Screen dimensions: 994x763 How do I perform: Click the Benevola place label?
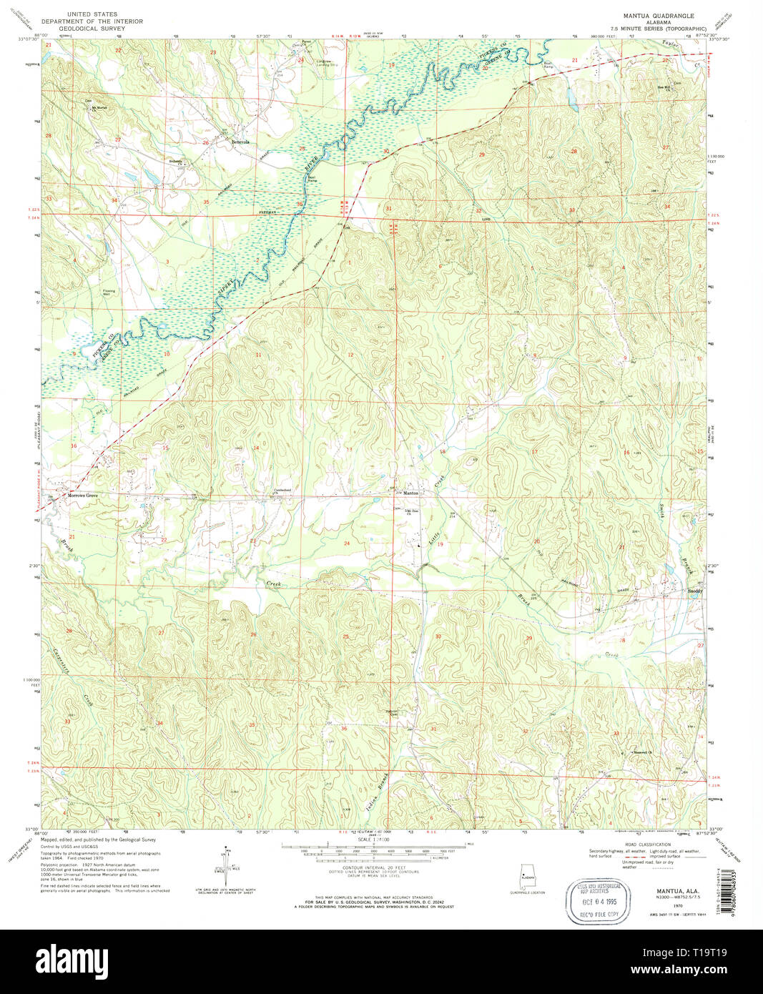click(240, 142)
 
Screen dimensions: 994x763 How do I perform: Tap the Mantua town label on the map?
click(410, 493)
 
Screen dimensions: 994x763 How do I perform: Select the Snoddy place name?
click(695, 591)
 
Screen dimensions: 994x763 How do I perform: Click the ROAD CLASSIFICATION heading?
click(647, 844)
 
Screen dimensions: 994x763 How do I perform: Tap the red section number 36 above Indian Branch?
click(344, 729)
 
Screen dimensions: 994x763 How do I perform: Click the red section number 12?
click(350, 355)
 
